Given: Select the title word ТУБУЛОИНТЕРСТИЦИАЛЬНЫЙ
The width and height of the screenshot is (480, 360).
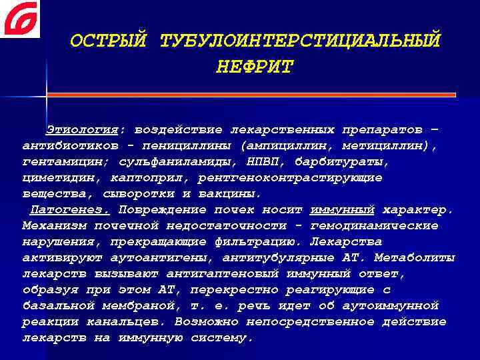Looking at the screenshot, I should [x=300, y=41].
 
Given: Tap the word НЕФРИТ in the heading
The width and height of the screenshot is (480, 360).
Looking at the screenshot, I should [x=255, y=67].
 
